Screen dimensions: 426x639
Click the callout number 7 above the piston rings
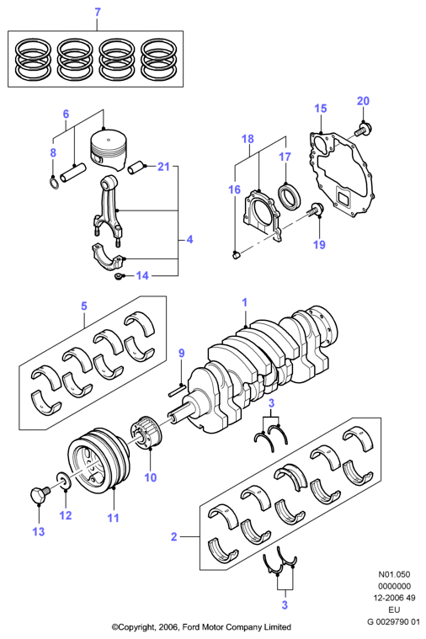98,13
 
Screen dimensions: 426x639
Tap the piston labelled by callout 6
108,149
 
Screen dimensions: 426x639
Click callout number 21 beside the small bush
163,166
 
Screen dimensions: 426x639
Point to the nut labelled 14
118,277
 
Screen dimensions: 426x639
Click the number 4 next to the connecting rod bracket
189,239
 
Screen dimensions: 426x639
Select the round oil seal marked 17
290,196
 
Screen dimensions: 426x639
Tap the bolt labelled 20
363,130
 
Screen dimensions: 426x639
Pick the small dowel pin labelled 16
236,255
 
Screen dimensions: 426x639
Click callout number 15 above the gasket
321,108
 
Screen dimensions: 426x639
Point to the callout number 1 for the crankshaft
245,302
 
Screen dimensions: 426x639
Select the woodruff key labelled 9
178,390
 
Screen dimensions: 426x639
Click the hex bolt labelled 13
40,493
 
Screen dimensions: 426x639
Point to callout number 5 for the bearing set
84,306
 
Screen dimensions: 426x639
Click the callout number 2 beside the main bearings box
174,536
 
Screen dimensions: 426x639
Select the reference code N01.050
394,574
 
